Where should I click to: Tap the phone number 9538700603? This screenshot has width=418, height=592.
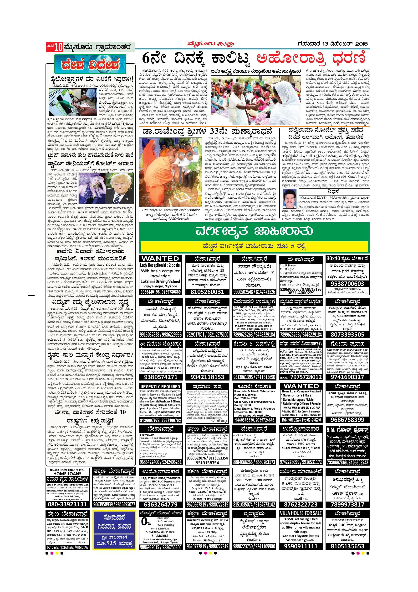[347, 284]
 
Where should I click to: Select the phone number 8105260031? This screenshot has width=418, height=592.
[207, 292]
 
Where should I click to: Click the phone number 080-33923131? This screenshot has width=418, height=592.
[67, 504]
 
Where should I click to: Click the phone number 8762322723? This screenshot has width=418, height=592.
[300, 504]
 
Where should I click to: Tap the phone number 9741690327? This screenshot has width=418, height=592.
[347, 377]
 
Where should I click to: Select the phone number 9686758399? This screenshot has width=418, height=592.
[347, 419]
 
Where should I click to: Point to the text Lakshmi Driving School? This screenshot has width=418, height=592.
[160, 281]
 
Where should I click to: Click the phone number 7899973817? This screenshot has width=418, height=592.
[347, 504]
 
